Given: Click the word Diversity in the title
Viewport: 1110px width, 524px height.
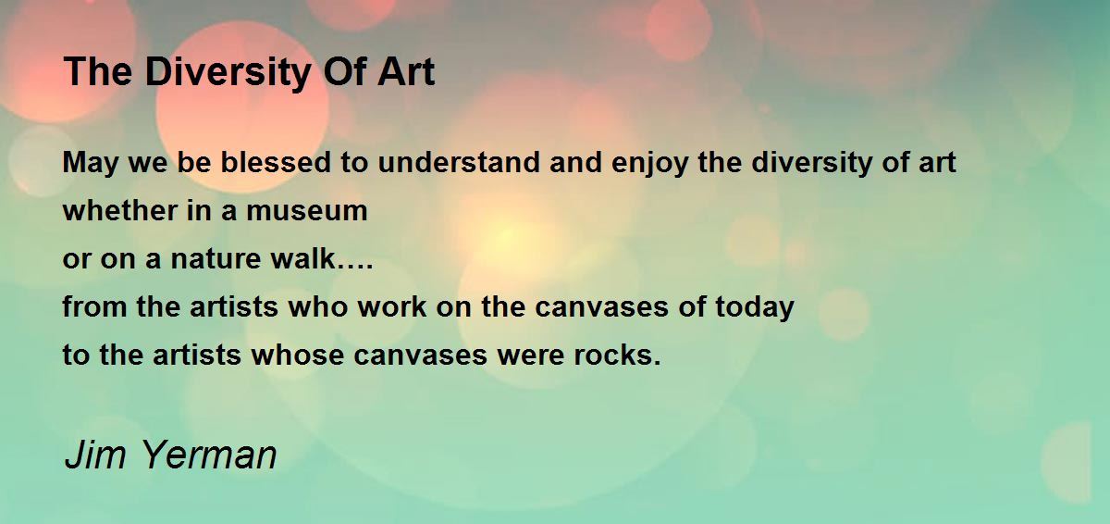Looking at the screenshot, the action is [228, 73].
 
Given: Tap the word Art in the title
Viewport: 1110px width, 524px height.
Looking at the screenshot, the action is [406, 72].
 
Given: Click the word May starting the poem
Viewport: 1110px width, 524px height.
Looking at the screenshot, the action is [91, 164].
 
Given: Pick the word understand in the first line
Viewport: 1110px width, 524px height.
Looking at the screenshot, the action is [459, 162].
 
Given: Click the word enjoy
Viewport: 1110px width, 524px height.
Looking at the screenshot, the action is [649, 164].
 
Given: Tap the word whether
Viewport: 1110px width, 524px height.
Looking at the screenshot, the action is [120, 210].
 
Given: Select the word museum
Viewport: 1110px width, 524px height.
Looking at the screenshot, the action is [307, 211].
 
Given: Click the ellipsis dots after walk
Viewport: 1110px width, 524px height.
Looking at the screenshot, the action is [355, 268].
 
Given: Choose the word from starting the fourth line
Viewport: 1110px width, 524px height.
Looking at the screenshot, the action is [94, 306].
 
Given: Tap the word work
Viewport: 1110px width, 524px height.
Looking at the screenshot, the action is [392, 306].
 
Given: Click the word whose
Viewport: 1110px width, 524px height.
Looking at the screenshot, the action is [297, 355].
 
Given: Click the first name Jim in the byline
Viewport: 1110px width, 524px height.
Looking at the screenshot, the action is [95, 455].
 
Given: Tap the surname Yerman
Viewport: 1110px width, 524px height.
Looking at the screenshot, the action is [210, 455].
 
